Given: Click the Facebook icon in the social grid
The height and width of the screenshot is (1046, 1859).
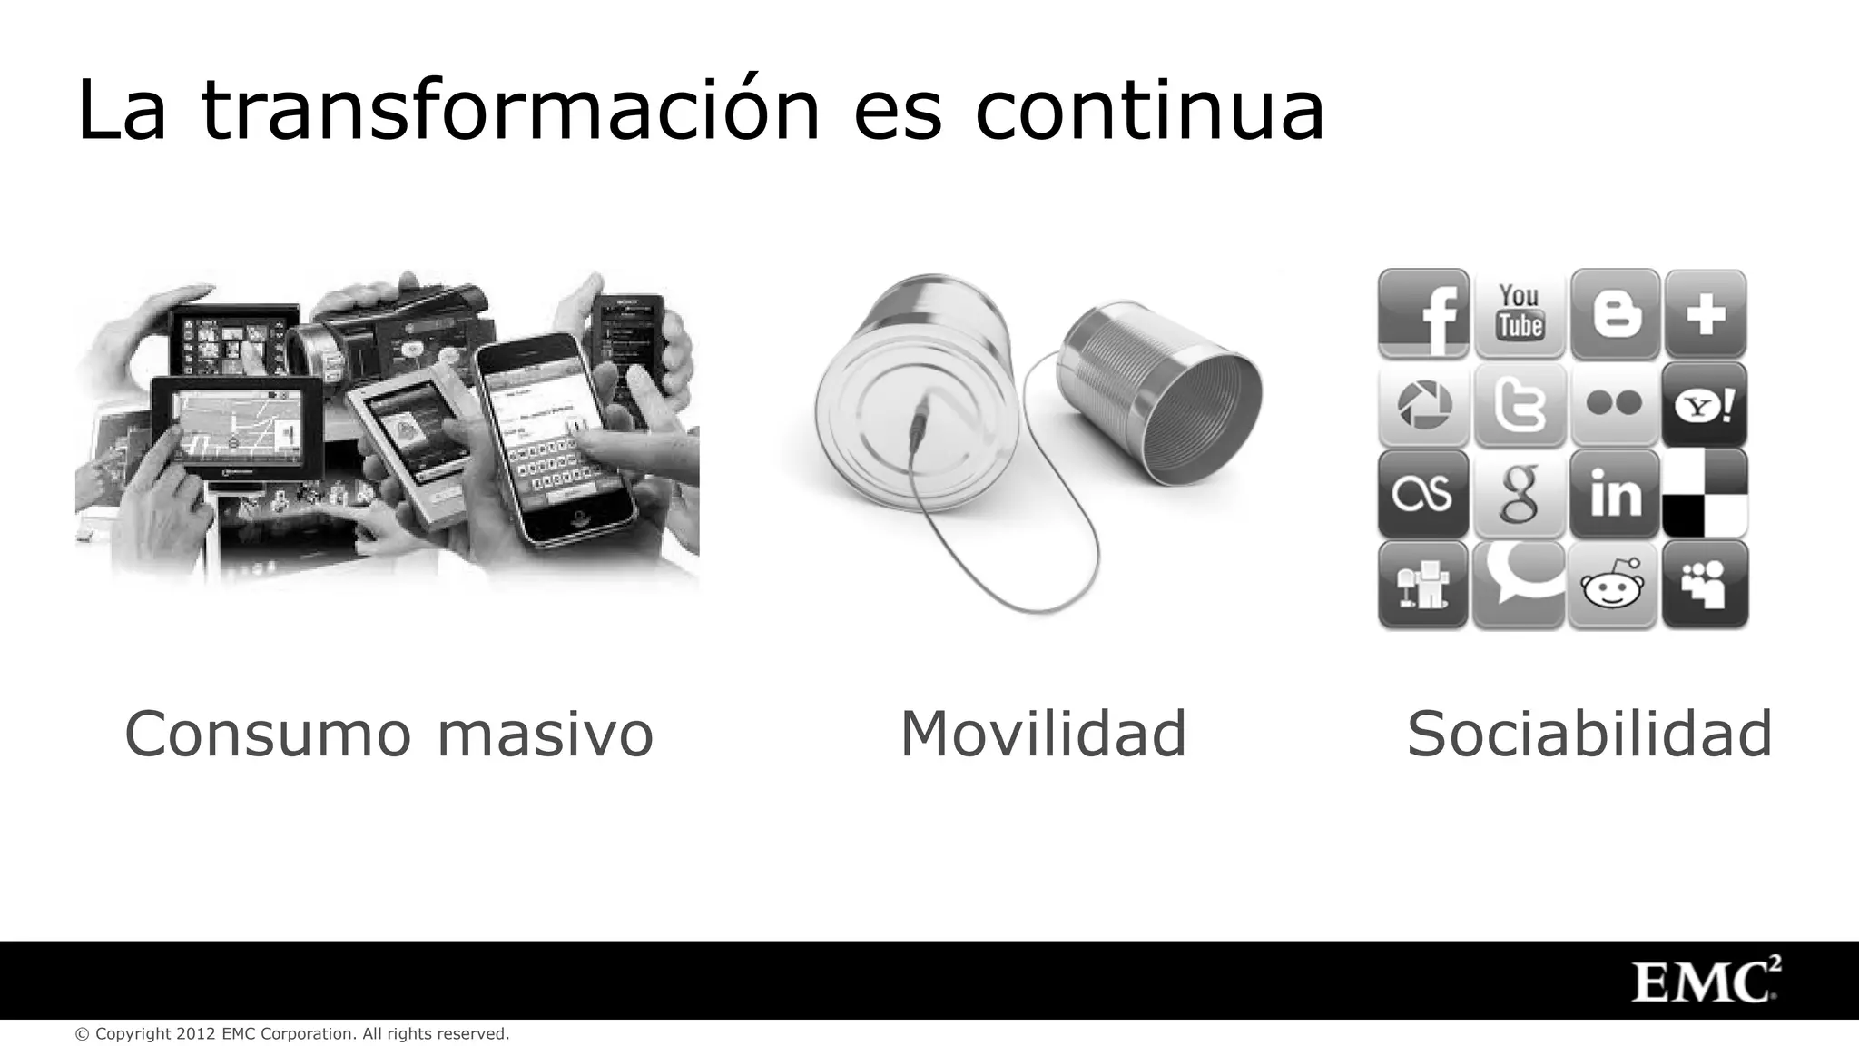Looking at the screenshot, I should pos(1423,314).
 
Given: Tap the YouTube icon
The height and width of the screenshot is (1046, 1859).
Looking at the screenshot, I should pos(1519,312).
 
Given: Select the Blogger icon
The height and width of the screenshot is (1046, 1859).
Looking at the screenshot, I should pos(1615,314).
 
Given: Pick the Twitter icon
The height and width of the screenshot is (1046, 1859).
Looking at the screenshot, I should pos(1519,404).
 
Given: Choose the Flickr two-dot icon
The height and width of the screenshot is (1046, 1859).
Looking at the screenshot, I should pos(1615,403).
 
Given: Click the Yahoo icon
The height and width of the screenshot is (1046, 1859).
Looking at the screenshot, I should pos(1705,405).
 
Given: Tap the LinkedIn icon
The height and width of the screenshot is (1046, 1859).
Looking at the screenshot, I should pos(1615,494).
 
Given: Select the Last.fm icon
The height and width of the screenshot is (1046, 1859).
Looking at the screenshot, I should pos(1423,494).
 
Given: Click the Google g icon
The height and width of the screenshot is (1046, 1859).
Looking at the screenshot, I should pos(1519,494).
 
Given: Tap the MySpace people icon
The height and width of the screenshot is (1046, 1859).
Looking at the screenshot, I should pos(1705,585).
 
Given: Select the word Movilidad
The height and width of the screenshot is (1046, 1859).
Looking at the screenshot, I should pos(1043,733).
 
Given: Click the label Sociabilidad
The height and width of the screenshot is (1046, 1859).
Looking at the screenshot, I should pos(1589,733).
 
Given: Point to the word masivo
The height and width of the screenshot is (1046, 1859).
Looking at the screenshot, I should pos(545,733).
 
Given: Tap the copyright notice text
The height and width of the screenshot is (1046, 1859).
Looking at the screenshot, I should pos(292,1034).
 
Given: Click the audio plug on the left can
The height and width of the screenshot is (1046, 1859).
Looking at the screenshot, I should pos(920,419).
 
